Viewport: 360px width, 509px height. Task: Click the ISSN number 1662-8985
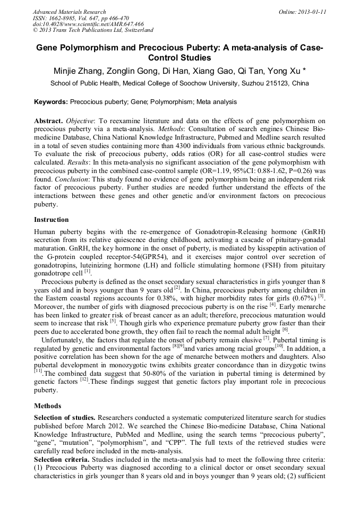(x=66, y=18)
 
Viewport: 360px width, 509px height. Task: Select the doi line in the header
(x=89, y=24)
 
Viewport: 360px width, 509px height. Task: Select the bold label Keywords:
(x=51, y=101)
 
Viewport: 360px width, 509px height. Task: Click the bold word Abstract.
(x=48, y=121)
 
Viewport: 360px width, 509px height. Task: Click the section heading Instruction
(x=52, y=219)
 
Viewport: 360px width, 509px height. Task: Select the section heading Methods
(x=48, y=406)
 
